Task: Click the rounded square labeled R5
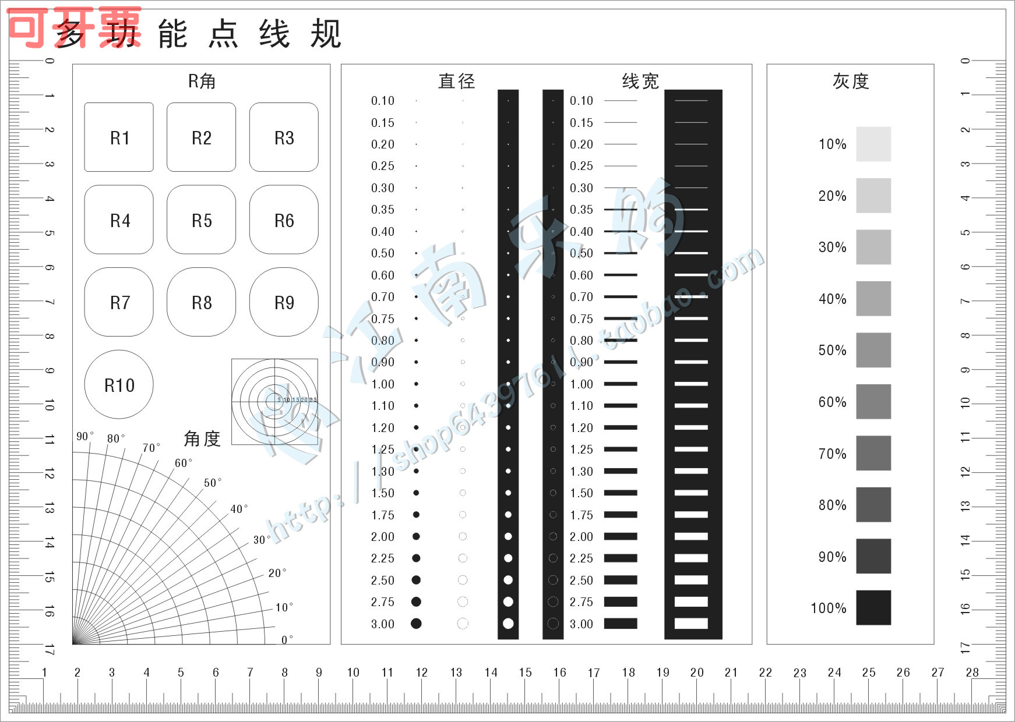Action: tap(201, 220)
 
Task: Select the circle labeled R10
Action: tap(119, 384)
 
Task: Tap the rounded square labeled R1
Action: tap(119, 137)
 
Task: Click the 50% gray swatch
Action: tap(873, 350)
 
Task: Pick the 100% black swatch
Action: tap(873, 607)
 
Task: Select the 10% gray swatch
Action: tap(873, 144)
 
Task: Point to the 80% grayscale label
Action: tap(832, 505)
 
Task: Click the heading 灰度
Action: tap(850, 81)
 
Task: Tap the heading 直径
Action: tap(456, 81)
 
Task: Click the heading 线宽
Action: tap(640, 81)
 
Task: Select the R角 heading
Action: tap(202, 81)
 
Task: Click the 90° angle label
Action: tap(84, 436)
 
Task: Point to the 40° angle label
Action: tap(238, 509)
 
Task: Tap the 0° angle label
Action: tap(287, 639)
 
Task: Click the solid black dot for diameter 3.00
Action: tap(416, 624)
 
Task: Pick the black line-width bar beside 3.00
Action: tap(621, 624)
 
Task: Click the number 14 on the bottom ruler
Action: tap(491, 673)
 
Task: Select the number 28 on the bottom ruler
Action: tap(972, 673)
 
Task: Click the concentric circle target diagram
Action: tap(274, 401)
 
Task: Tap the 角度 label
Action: tap(202, 438)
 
